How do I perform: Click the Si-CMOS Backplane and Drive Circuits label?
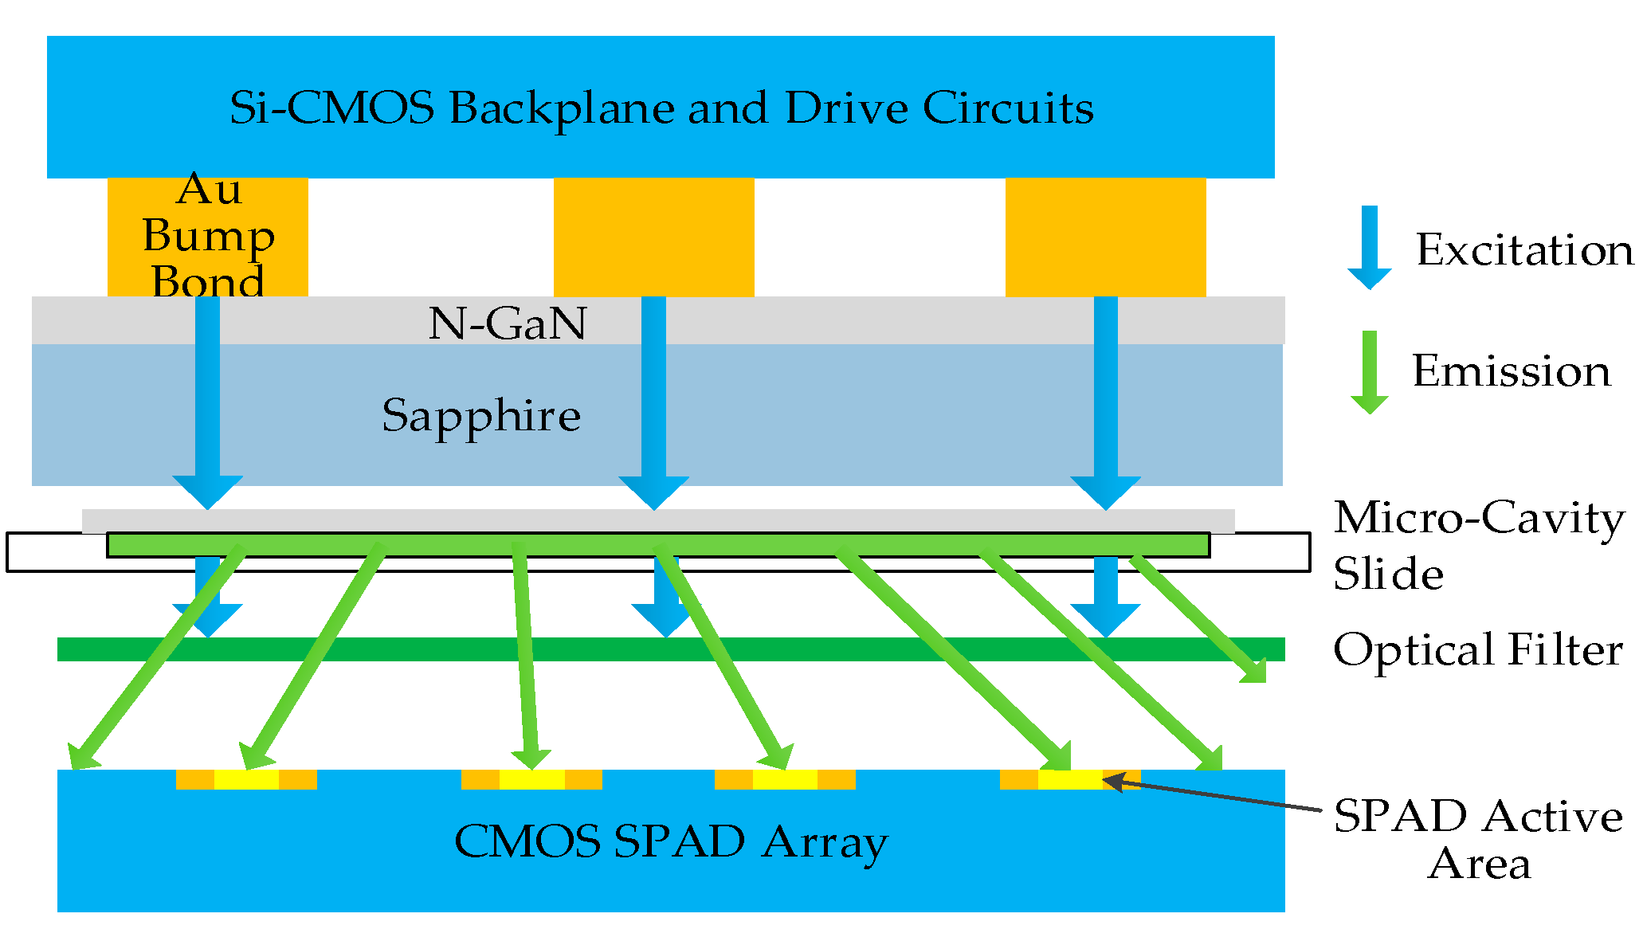point(661,108)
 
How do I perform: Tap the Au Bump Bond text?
point(208,236)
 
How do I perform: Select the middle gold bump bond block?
point(653,237)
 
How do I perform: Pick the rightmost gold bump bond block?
point(1105,237)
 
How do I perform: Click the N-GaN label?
point(507,323)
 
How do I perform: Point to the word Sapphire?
point(481,415)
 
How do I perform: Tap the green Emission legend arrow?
point(1369,373)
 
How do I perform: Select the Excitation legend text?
point(1523,250)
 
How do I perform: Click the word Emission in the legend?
point(1511,371)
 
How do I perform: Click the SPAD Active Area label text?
point(1478,839)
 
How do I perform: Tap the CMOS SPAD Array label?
point(670,841)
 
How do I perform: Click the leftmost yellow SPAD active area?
point(246,779)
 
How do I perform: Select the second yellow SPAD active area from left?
point(531,779)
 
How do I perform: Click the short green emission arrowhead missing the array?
point(1253,670)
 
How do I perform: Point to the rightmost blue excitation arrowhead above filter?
point(1105,619)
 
